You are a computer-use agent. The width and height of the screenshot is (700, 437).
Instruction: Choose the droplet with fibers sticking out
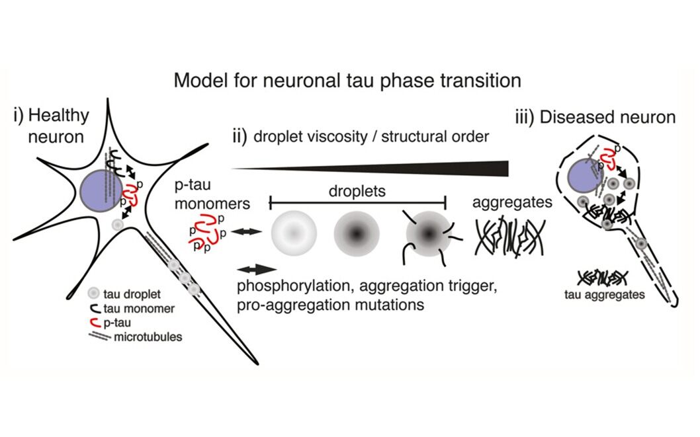(427, 233)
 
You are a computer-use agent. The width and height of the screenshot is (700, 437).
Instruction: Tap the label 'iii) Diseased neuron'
(595, 118)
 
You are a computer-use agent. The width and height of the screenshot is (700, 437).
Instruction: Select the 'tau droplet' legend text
(130, 294)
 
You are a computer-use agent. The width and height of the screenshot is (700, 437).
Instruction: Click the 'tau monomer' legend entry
(135, 308)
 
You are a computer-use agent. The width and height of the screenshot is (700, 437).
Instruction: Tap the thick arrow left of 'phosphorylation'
(257, 268)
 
